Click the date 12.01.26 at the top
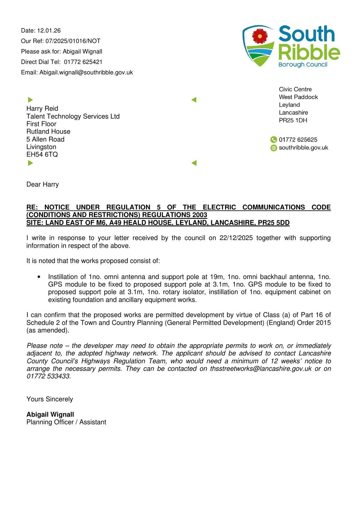click(x=49, y=31)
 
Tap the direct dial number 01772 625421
click(x=83, y=62)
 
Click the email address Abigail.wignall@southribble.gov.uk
click(x=86, y=72)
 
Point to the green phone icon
click(x=273, y=140)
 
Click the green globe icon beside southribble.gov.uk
click(x=273, y=148)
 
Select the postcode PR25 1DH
click(x=293, y=120)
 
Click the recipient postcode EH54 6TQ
click(x=42, y=155)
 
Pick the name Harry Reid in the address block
click(x=42, y=108)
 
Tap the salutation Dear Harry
click(x=43, y=184)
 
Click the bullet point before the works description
click(x=39, y=277)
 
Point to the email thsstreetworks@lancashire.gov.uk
click(x=261, y=368)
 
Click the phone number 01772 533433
click(x=48, y=376)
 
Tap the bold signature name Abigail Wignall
click(x=50, y=414)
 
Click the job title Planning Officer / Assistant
click(x=66, y=422)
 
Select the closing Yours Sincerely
click(x=50, y=399)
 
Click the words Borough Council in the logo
click(x=303, y=64)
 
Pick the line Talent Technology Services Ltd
click(x=73, y=116)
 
